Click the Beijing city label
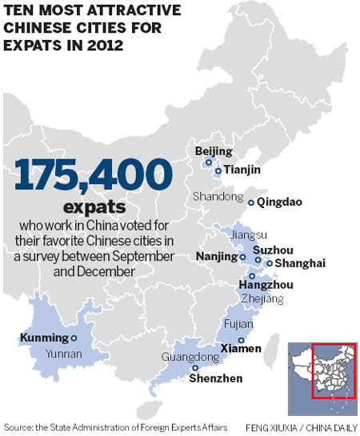(214, 150)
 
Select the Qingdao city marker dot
(251, 202)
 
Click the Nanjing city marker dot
(243, 258)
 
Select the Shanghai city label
(296, 263)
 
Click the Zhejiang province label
(262, 298)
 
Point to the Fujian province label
(242, 325)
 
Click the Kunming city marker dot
(74, 338)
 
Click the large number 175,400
(93, 175)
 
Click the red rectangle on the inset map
(333, 373)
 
